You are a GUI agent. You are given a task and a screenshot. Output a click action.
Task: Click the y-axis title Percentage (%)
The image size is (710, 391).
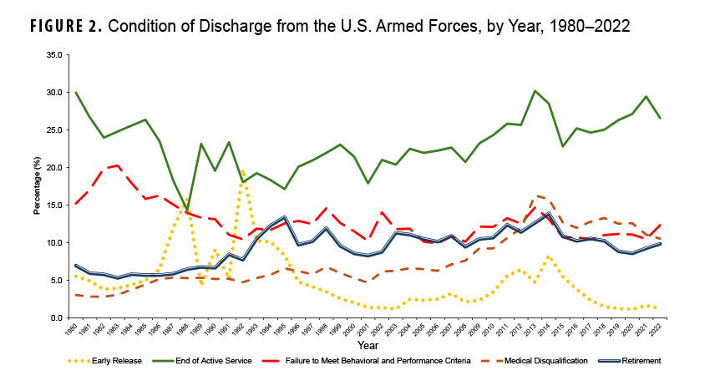(x=38, y=186)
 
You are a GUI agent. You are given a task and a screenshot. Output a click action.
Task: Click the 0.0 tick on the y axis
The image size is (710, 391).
(x=56, y=317)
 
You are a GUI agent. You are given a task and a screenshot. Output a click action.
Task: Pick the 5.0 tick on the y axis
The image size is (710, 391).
(x=56, y=280)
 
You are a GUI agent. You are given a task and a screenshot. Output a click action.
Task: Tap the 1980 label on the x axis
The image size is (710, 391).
(x=75, y=330)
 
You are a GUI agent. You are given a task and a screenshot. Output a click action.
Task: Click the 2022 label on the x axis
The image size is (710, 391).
(x=661, y=330)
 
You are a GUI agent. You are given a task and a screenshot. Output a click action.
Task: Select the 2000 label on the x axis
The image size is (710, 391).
(x=354, y=330)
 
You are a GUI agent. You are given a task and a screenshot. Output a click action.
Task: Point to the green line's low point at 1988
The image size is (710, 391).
(x=187, y=210)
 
